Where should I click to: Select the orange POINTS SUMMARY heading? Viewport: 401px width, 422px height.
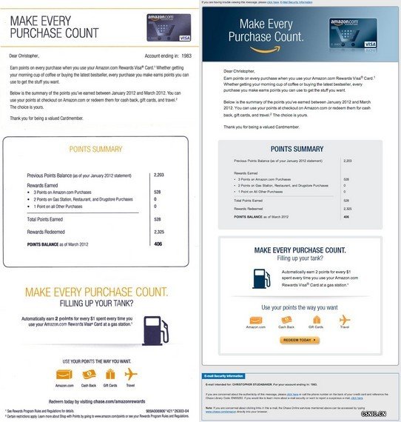click(x=95, y=149)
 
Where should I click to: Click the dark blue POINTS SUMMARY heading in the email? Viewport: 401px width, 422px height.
click(x=299, y=149)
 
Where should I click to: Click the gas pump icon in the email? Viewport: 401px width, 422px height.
click(x=261, y=277)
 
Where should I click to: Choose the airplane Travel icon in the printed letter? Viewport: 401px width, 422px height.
click(x=131, y=375)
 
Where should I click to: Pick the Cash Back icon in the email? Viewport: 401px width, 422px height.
click(x=286, y=320)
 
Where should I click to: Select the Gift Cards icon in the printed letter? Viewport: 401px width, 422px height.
click(x=110, y=375)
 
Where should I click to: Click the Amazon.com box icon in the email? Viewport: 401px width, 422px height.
click(x=255, y=320)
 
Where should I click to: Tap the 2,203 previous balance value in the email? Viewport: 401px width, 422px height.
click(x=348, y=160)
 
